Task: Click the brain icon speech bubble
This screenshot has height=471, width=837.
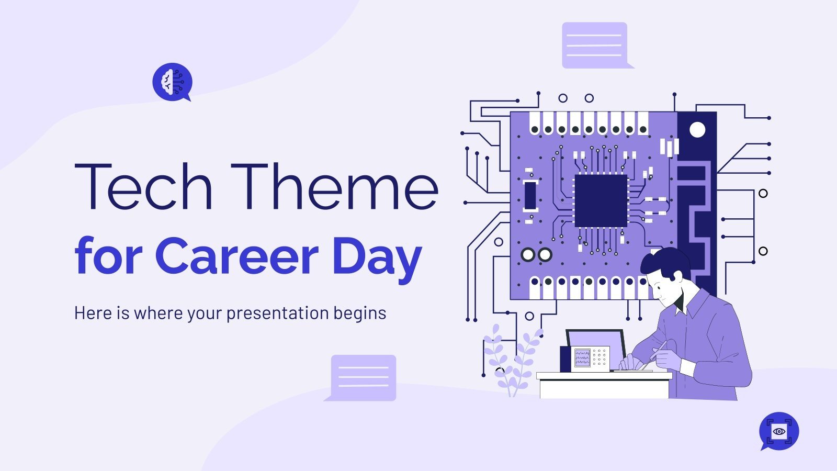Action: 172,82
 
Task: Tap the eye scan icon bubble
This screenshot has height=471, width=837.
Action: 779,431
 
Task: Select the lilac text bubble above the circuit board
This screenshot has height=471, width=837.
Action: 595,45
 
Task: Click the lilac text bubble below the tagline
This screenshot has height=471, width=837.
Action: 363,377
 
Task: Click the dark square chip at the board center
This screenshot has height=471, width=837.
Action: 601,201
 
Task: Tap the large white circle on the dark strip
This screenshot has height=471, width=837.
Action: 697,129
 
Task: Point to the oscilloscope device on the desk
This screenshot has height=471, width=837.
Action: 590,358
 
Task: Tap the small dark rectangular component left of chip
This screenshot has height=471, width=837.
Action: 530,195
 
